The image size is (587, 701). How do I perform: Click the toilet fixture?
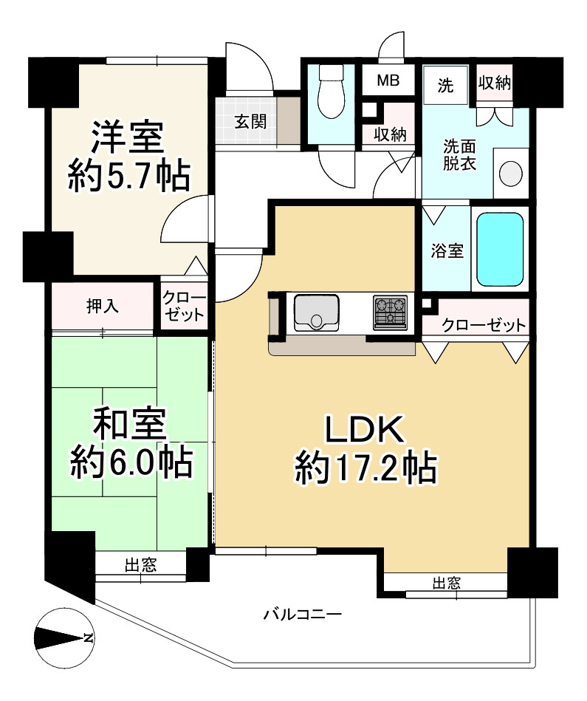tap(331, 92)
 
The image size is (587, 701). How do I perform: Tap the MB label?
tap(388, 81)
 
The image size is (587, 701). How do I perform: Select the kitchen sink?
tap(316, 312)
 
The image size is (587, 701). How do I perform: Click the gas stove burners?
tap(390, 312)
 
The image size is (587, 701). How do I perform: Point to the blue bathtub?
tap(500, 249)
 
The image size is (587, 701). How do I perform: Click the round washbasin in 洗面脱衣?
tap(511, 174)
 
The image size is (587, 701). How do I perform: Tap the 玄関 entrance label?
tap(251, 122)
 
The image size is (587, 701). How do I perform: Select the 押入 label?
tap(103, 307)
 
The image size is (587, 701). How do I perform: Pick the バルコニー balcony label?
tap(303, 614)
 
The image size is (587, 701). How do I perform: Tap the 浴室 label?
tap(447, 251)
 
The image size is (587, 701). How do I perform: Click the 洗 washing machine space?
tap(445, 86)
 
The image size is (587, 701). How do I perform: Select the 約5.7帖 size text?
tap(129, 176)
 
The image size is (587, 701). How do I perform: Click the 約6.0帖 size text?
tap(131, 462)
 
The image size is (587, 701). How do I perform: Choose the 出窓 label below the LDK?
tap(447, 583)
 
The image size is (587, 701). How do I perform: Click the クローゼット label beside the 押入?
tap(184, 307)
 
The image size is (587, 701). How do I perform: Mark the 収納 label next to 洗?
tap(495, 83)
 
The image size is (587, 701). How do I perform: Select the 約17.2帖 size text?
tap(365, 468)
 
